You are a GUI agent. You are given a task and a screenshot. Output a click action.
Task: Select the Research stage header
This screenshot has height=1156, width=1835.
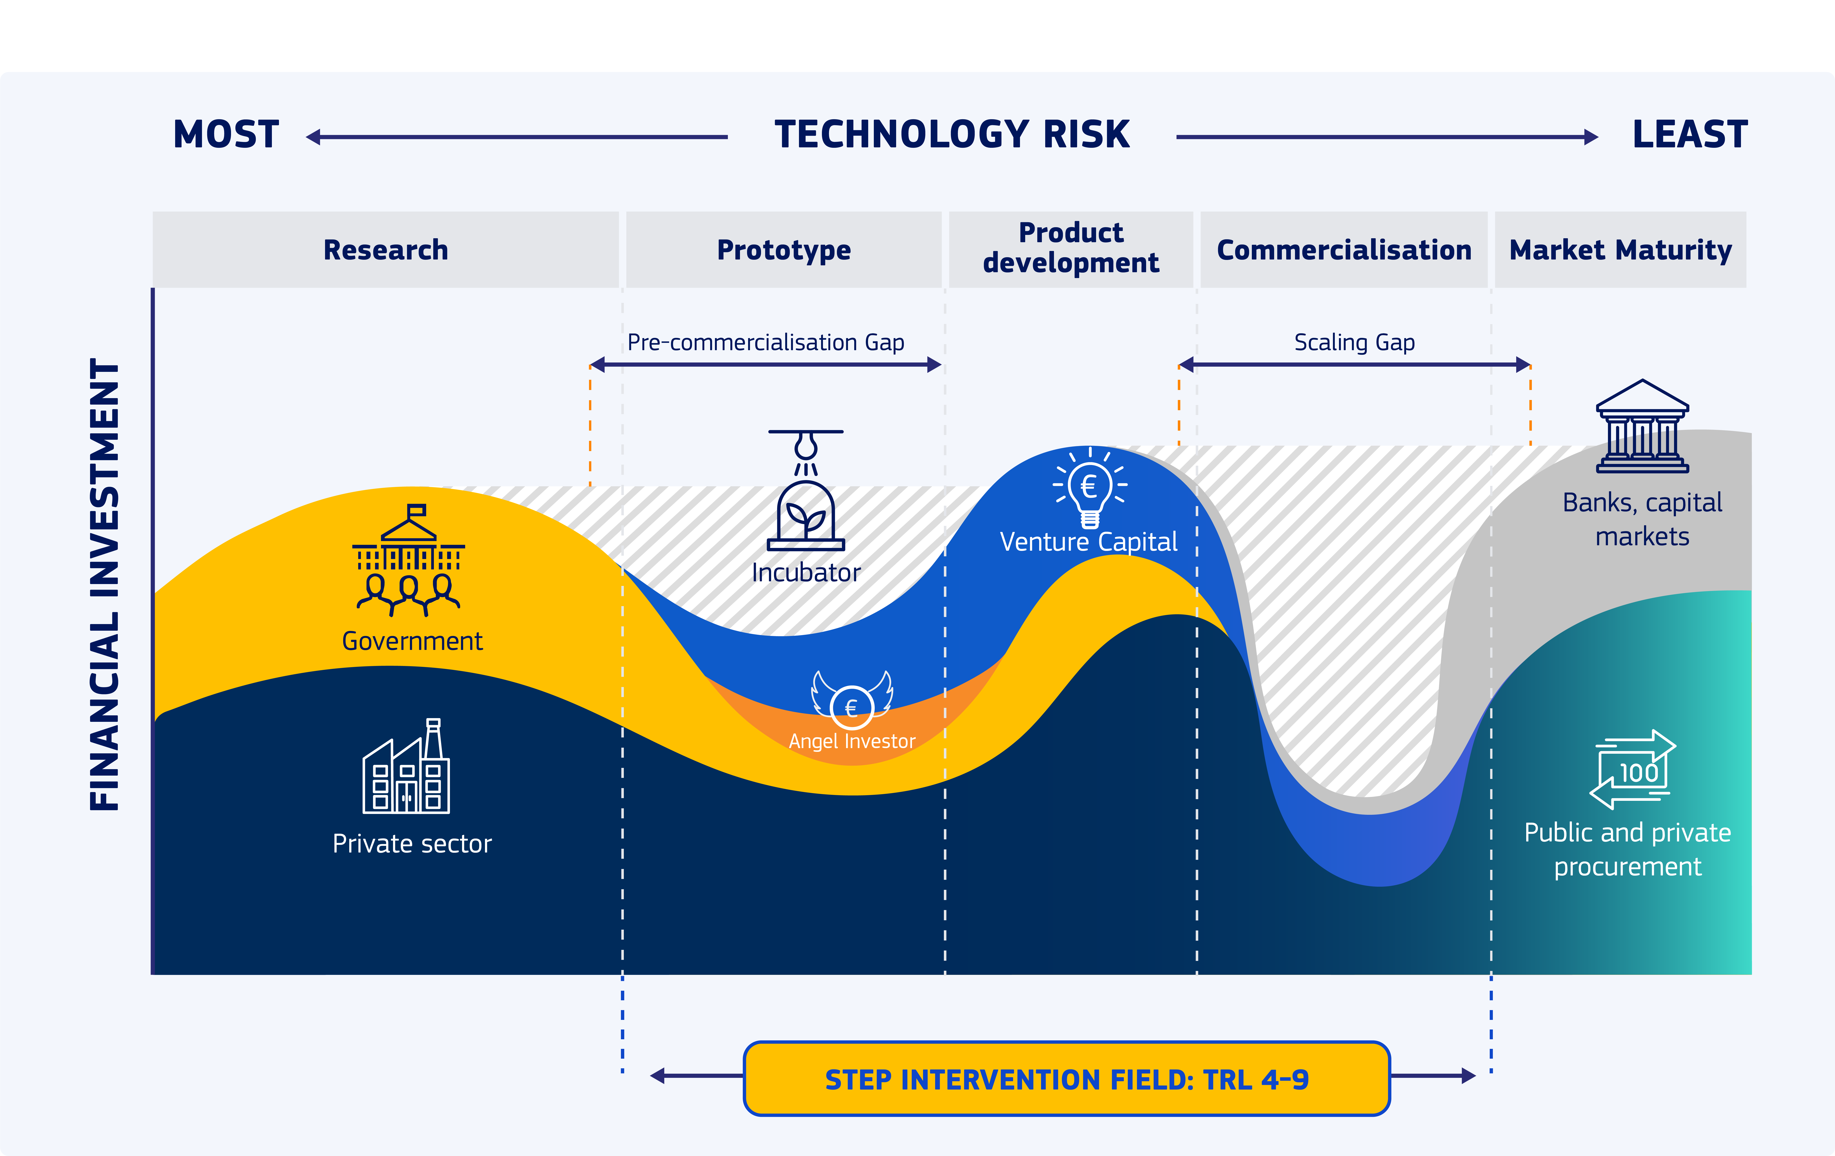point(386,250)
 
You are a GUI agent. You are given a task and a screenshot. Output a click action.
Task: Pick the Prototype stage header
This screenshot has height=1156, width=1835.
point(783,250)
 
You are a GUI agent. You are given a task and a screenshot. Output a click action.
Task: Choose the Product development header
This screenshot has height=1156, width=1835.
point(1071,248)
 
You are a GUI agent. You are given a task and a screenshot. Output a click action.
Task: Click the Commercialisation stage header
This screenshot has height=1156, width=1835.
point(1344,250)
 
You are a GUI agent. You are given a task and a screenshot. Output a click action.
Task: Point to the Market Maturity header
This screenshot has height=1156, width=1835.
point(1620,250)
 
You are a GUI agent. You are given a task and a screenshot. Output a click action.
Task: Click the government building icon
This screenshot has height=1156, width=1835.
point(408,560)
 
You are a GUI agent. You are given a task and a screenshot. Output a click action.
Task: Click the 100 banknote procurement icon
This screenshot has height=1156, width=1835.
point(1632,770)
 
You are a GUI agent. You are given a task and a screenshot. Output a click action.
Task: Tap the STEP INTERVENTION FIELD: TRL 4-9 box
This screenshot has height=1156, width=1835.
point(1067,1079)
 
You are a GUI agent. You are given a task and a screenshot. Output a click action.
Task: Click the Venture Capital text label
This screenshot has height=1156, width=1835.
point(1088,542)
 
